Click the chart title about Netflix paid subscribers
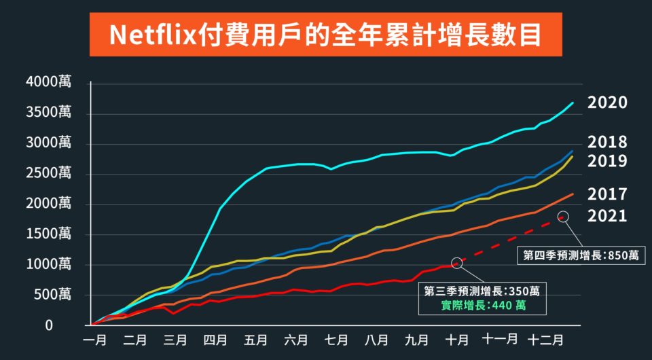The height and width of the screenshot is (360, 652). click(325, 34)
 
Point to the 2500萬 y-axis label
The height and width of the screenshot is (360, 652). click(48, 174)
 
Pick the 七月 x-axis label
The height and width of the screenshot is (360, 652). click(336, 338)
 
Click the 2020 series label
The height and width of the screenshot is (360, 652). click(607, 103)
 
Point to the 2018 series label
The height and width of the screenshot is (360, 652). click(607, 143)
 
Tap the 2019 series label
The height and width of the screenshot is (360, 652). click(607, 162)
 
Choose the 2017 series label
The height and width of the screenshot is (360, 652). click(607, 195)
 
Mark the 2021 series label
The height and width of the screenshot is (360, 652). click(607, 217)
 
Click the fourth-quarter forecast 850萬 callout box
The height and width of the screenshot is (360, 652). click(581, 255)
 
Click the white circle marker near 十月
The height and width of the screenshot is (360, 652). click(456, 262)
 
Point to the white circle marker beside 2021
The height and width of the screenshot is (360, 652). click(563, 216)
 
